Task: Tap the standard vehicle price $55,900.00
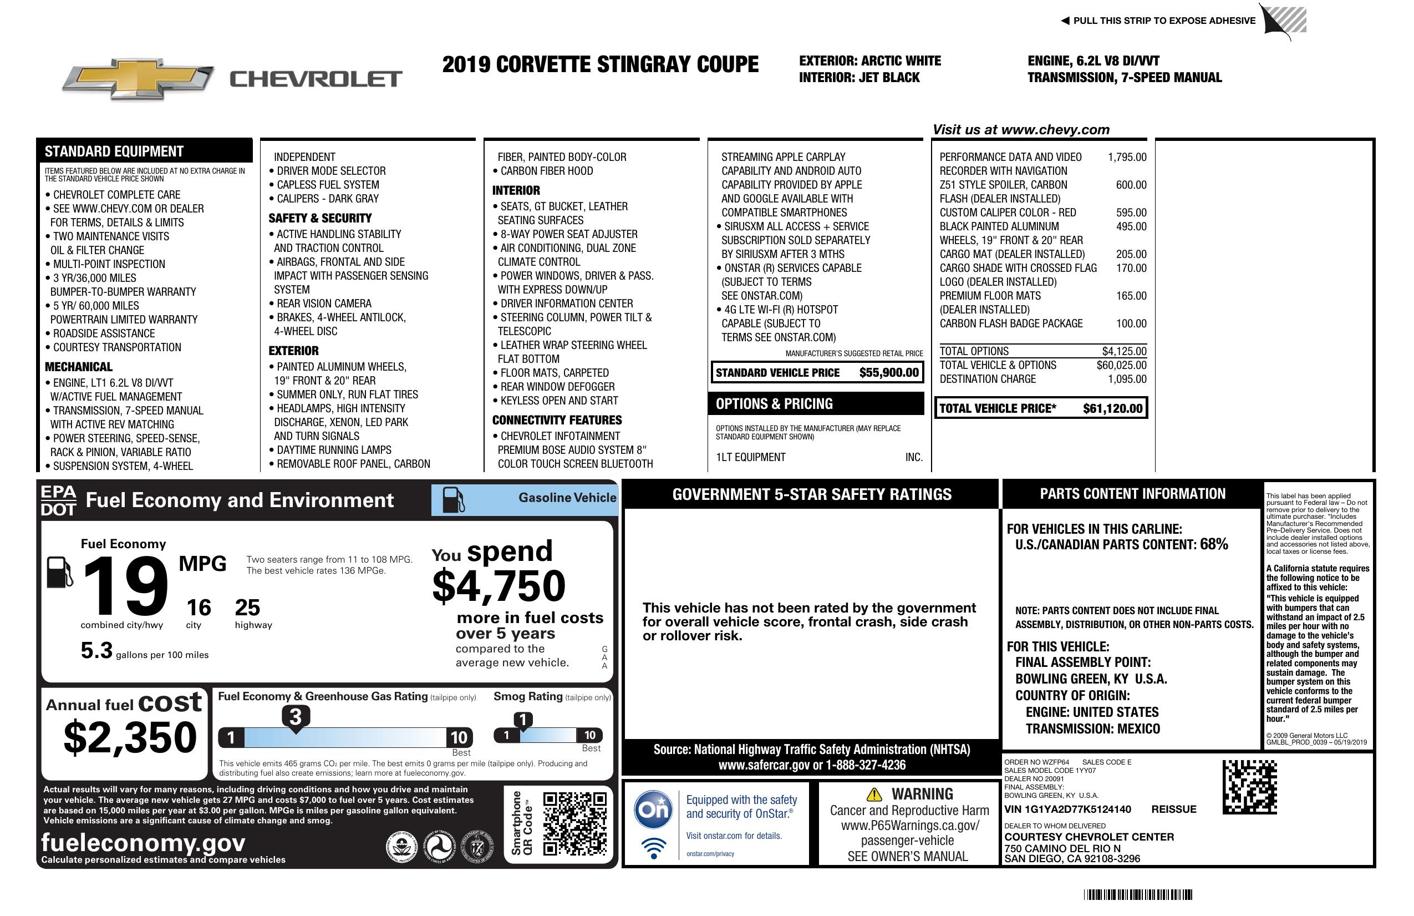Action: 888,373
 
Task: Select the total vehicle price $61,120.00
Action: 1112,408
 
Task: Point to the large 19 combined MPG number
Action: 125,586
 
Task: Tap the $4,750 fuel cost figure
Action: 499,586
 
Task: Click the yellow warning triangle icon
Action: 874,794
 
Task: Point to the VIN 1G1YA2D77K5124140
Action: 1067,809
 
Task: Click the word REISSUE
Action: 1173,809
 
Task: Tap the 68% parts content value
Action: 1213,544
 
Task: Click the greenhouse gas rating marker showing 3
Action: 295,717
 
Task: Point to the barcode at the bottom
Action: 1138,894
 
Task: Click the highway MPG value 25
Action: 247,608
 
